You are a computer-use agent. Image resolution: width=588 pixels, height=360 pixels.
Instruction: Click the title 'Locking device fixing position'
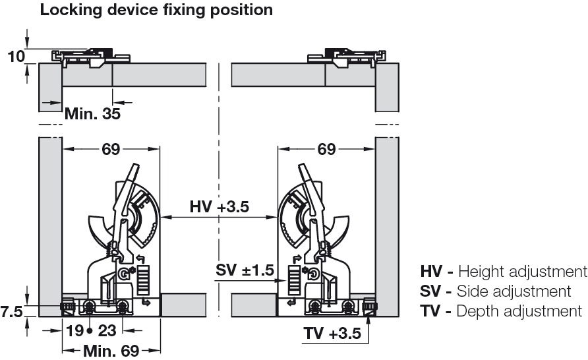156,10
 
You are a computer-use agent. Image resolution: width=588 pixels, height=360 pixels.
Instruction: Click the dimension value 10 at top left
16,57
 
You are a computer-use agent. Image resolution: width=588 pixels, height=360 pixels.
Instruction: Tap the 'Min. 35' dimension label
93,113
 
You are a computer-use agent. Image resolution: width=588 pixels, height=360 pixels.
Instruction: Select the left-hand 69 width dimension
111,149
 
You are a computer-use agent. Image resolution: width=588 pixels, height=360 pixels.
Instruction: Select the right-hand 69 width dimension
326,149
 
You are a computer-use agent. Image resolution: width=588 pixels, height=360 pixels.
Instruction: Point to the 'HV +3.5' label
220,206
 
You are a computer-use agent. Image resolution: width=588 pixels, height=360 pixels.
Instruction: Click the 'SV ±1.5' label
245,270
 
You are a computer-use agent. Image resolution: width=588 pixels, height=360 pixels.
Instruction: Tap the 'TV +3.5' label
332,334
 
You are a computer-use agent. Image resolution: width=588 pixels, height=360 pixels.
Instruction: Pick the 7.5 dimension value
11,312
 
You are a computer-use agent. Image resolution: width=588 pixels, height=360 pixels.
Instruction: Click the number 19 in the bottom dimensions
75,331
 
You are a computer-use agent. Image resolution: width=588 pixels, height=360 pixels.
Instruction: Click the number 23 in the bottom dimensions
107,331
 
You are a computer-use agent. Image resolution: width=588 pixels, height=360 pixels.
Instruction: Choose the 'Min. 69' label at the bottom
111,351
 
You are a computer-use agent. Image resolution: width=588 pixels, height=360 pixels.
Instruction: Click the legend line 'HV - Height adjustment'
504,271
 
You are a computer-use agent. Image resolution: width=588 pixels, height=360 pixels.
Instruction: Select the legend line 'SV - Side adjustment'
495,291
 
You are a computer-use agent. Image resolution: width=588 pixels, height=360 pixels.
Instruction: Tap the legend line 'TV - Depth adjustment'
501,311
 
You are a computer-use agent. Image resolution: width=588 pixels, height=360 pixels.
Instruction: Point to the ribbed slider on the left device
144,280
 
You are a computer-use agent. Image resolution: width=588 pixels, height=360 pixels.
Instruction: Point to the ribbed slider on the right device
294,280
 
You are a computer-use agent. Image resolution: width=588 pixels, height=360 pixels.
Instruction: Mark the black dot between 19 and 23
90,331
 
